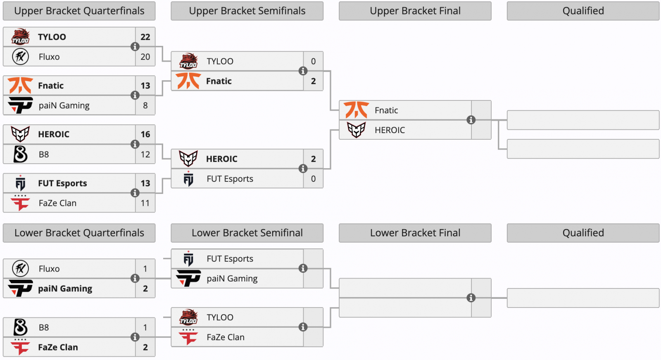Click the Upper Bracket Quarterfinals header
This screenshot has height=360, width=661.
click(79, 11)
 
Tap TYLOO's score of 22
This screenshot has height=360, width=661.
click(145, 37)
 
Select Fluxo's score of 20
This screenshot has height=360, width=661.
click(145, 57)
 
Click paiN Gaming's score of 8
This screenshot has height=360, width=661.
click(145, 105)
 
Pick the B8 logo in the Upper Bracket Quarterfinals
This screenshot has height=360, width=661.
click(20, 154)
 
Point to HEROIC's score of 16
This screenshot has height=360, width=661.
click(145, 134)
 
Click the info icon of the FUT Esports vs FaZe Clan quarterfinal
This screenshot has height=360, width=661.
click(135, 193)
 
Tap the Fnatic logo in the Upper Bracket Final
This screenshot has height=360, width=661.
click(356, 110)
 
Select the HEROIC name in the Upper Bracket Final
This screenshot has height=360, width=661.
click(390, 130)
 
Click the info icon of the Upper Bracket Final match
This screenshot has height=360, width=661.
click(471, 120)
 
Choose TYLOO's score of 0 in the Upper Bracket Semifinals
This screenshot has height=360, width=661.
click(313, 61)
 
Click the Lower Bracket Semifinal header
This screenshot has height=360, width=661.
click(247, 233)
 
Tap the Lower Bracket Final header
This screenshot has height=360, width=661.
click(415, 233)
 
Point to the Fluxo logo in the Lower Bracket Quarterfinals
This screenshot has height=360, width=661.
click(20, 269)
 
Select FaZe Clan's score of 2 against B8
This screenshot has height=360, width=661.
click(145, 347)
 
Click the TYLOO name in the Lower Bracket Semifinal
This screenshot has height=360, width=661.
click(220, 317)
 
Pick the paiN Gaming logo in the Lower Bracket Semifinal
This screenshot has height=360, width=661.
click(188, 278)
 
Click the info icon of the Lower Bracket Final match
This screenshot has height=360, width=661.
click(471, 298)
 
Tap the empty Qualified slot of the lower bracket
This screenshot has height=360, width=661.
click(583, 298)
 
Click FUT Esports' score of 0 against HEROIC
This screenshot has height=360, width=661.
click(313, 179)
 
